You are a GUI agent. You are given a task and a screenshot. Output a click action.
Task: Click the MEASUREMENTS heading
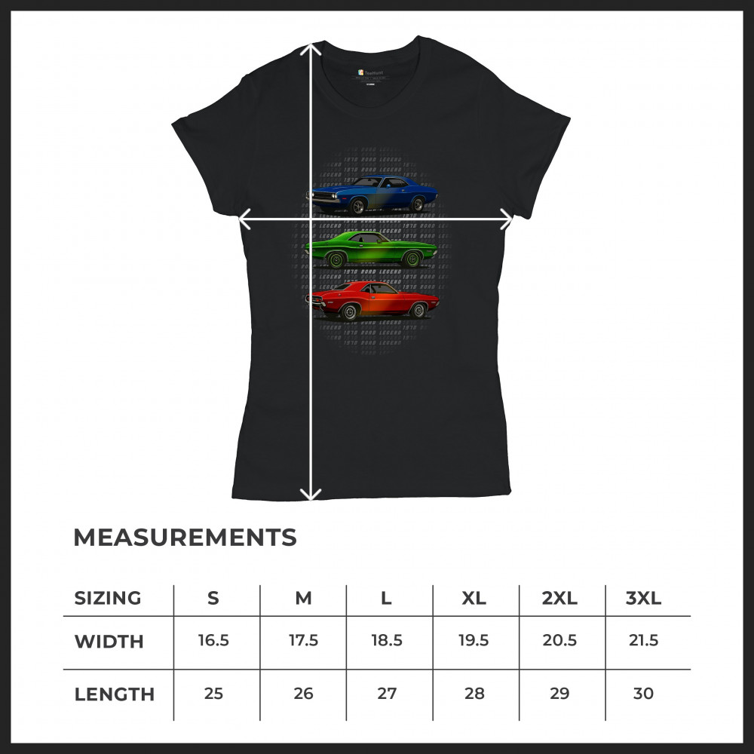[185, 538]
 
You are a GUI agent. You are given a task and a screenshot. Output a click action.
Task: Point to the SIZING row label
[108, 599]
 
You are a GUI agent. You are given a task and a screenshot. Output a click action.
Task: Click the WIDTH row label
[109, 642]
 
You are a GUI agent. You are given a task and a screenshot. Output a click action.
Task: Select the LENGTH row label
[114, 694]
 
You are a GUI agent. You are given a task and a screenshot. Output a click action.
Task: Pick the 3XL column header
[643, 599]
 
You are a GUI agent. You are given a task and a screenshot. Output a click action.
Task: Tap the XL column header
[474, 599]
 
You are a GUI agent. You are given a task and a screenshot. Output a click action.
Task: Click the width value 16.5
[213, 641]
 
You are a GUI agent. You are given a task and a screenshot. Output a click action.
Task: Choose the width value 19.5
[474, 641]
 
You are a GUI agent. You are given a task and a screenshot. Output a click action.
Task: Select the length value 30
[643, 694]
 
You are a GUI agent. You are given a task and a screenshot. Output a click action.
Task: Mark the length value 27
[387, 694]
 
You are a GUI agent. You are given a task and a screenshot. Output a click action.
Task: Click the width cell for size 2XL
[559, 641]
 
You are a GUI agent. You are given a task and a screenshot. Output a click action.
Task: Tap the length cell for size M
[303, 694]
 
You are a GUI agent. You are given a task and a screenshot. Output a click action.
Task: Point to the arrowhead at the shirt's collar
[311, 48]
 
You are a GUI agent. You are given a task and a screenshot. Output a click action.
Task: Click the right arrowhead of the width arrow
[507, 219]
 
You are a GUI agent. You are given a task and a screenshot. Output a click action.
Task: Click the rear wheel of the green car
[412, 260]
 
